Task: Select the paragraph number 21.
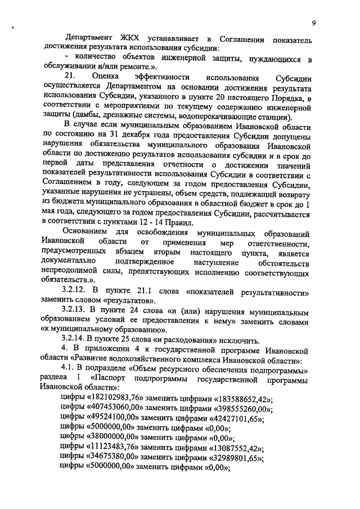click(x=70, y=75)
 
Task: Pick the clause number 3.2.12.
click(x=76, y=294)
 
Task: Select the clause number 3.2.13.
click(x=76, y=312)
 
